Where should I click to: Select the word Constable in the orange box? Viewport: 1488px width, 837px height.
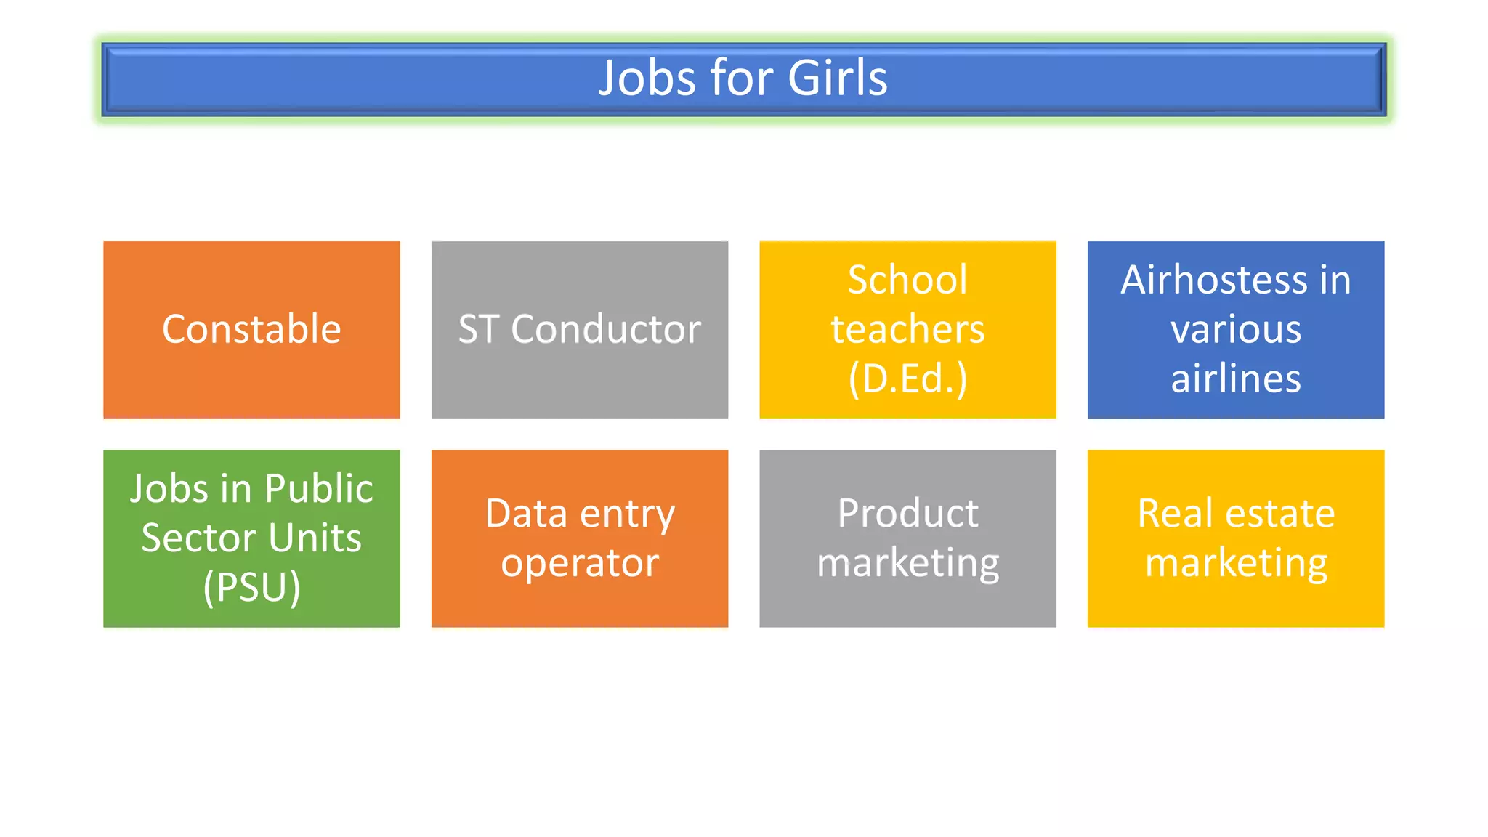click(251, 329)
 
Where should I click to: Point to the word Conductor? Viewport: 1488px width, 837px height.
click(606, 329)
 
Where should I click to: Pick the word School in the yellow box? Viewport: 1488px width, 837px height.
click(907, 280)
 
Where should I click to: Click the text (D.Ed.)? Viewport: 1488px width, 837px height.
click(907, 379)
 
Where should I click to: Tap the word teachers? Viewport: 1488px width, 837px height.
click(907, 329)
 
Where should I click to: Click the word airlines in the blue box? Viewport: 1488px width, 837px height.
click(1236, 379)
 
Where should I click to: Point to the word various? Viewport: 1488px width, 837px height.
click(1236, 329)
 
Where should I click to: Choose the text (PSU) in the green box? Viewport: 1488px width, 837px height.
click(251, 587)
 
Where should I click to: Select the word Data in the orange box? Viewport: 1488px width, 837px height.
click(526, 514)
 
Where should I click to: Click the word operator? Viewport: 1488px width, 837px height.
click(580, 563)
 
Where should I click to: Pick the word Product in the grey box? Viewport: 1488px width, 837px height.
click(907, 514)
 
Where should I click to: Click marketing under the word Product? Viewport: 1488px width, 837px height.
click(907, 563)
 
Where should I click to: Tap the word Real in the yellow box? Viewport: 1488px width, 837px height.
click(1175, 514)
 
